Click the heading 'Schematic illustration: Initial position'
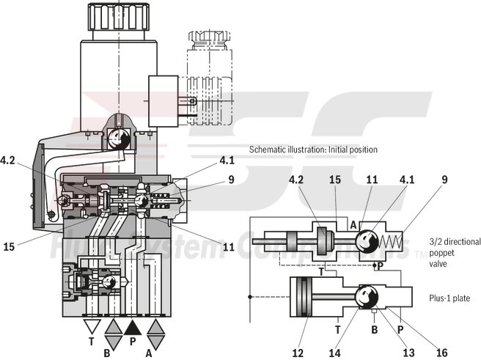click(313, 150)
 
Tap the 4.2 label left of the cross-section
click(9, 159)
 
